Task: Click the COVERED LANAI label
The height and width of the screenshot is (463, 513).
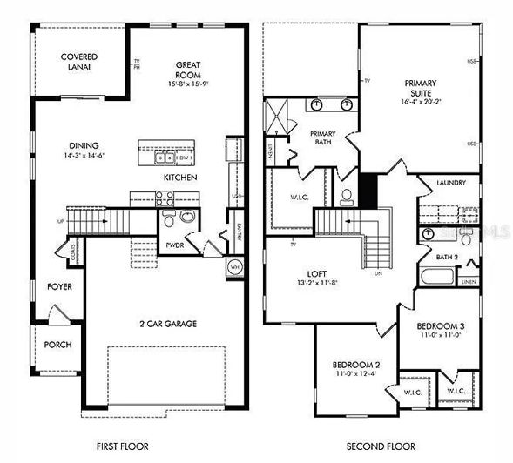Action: coord(78,62)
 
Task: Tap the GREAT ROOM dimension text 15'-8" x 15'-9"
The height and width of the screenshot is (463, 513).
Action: coord(189,84)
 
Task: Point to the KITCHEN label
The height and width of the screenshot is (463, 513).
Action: coord(180,178)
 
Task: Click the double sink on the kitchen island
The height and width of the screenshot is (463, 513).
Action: coord(164,158)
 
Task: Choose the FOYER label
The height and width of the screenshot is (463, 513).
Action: coord(60,286)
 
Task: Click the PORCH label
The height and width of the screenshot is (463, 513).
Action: coord(57,345)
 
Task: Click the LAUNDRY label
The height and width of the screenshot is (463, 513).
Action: coord(449,183)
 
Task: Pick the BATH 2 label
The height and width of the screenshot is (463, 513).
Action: coord(448,258)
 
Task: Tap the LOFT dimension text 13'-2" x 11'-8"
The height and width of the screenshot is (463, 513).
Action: coord(318,282)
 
